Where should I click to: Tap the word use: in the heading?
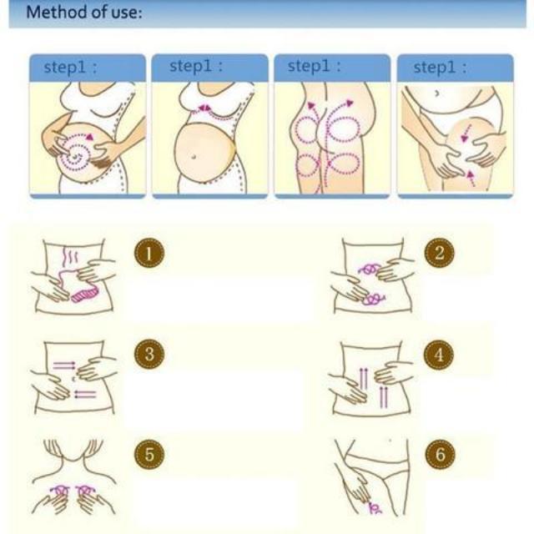(x=123, y=13)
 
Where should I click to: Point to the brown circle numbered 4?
(x=439, y=354)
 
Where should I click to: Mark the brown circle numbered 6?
(x=439, y=455)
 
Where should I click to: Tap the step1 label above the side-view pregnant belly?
(x=196, y=67)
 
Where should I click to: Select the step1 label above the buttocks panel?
(x=314, y=67)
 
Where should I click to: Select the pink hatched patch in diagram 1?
(x=85, y=295)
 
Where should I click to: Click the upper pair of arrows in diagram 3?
(x=64, y=364)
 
